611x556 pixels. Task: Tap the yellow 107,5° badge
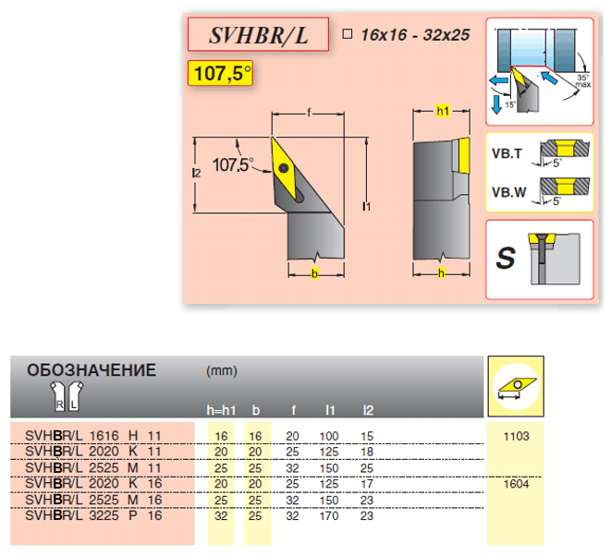pyautogui.click(x=219, y=73)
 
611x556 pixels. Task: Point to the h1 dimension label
pyautogui.click(x=442, y=112)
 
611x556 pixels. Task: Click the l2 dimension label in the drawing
pyautogui.click(x=195, y=173)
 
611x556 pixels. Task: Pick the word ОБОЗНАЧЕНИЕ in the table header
pyautogui.click(x=92, y=370)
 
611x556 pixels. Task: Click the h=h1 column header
pyautogui.click(x=222, y=409)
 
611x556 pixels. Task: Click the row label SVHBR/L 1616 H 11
pyautogui.click(x=93, y=435)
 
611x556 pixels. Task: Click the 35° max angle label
pyautogui.click(x=580, y=80)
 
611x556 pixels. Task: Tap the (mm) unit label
pyautogui.click(x=222, y=371)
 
